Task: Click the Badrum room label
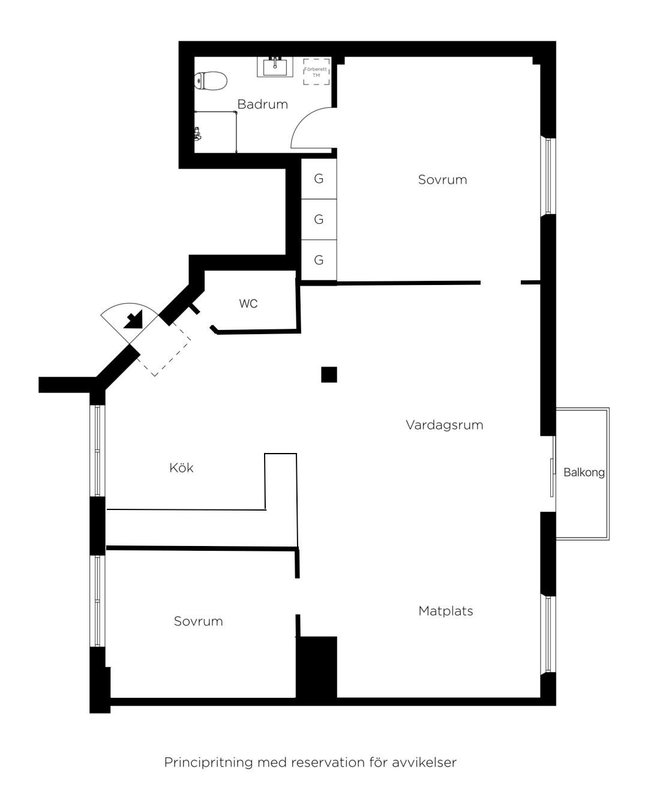pyautogui.click(x=262, y=104)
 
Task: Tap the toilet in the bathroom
pyautogui.click(x=211, y=80)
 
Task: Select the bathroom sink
pyautogui.click(x=275, y=67)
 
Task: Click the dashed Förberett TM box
pyautogui.click(x=316, y=71)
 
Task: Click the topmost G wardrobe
pyautogui.click(x=319, y=178)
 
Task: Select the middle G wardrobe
pyautogui.click(x=319, y=219)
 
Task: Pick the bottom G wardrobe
pyautogui.click(x=319, y=260)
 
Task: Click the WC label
pyautogui.click(x=248, y=304)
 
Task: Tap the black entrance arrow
pyautogui.click(x=134, y=320)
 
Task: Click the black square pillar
pyautogui.click(x=329, y=374)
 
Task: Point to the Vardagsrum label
pyautogui.click(x=444, y=425)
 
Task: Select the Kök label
pyautogui.click(x=181, y=468)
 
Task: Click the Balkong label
pyautogui.click(x=584, y=472)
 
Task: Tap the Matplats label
pyautogui.click(x=445, y=611)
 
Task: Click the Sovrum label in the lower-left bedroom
pyautogui.click(x=198, y=621)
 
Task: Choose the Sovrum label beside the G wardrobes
pyautogui.click(x=442, y=179)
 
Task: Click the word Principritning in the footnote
pyautogui.click(x=209, y=763)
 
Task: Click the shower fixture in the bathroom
pyautogui.click(x=197, y=134)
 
